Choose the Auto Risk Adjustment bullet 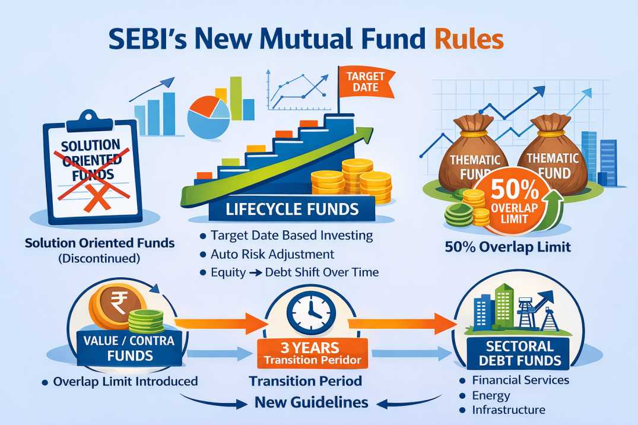(x=272, y=254)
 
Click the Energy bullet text (x=491, y=395)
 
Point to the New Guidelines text (x=311, y=402)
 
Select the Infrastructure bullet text (x=509, y=410)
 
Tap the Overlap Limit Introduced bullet (x=125, y=381)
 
